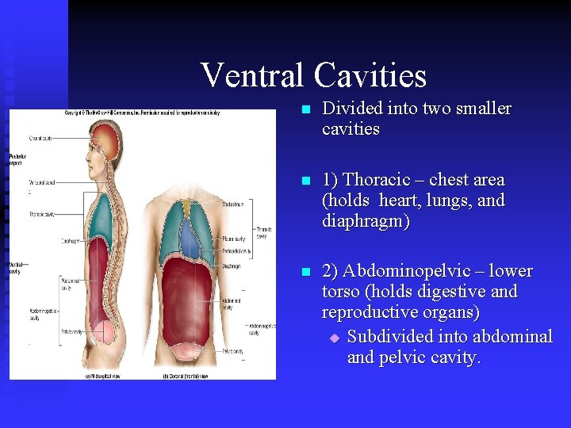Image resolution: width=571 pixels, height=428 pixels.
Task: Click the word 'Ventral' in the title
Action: [x=252, y=75]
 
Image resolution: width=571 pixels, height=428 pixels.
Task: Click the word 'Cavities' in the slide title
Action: [x=370, y=75]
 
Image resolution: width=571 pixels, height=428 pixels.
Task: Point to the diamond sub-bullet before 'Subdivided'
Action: [x=334, y=338]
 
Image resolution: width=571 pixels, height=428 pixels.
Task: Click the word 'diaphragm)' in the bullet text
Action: [x=366, y=222]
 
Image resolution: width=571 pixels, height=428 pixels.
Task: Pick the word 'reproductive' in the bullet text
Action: [x=367, y=313]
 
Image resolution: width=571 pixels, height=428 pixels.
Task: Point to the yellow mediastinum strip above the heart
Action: [x=187, y=208]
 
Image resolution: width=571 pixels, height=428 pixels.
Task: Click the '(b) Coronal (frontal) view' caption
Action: [x=188, y=375]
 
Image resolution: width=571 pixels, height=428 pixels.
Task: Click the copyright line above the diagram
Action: [x=143, y=113]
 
